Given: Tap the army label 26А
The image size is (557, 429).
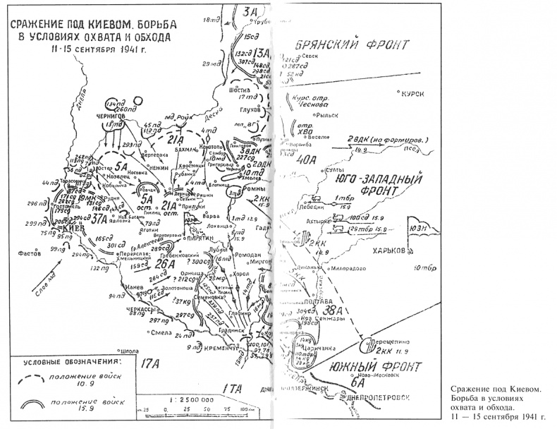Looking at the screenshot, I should coord(164,263).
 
